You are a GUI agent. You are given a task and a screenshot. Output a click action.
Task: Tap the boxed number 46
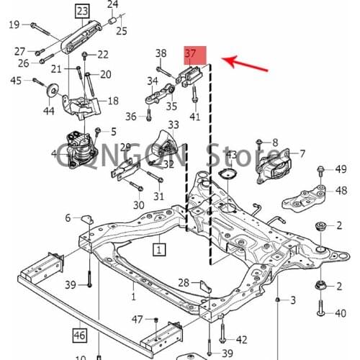click(x=78, y=334)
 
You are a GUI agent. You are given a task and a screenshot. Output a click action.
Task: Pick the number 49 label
click(x=341, y=169)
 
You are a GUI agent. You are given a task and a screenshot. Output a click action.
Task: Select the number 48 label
click(x=341, y=190)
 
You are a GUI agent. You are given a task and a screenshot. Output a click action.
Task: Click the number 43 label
click(x=231, y=155)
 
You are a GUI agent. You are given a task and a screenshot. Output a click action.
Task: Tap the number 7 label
click(x=302, y=153)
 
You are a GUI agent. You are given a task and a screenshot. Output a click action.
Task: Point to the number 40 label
click(x=341, y=313)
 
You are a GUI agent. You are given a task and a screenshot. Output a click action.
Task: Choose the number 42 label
click(x=241, y=340)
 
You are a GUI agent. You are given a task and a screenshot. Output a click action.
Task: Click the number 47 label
click(x=137, y=319)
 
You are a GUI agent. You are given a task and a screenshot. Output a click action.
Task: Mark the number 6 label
click(x=68, y=218)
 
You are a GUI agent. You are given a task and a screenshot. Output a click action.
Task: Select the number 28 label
click(x=184, y=282)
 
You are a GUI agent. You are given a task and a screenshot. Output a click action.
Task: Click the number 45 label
click(x=16, y=81)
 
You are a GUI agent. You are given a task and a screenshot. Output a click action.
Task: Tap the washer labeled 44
click(x=54, y=91)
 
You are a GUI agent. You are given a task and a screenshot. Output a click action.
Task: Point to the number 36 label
click(x=130, y=116)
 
